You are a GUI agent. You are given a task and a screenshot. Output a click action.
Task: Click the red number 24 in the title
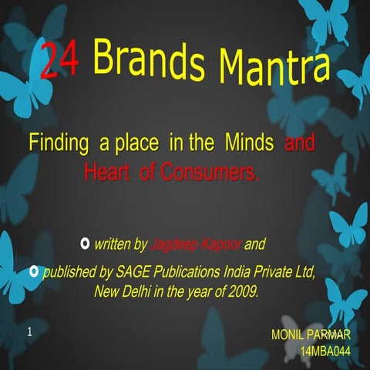point(59,60)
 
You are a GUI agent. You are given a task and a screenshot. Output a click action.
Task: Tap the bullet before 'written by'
point(84,244)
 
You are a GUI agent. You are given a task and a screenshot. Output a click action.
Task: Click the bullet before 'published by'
point(33,271)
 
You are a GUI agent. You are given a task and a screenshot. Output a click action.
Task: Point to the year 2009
point(241,293)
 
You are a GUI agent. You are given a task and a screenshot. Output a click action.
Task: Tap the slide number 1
point(29,333)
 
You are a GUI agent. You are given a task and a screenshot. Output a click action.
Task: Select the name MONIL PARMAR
point(311,335)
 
